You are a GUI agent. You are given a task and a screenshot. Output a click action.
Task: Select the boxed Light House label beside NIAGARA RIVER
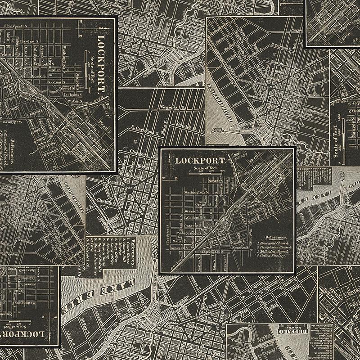218,131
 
